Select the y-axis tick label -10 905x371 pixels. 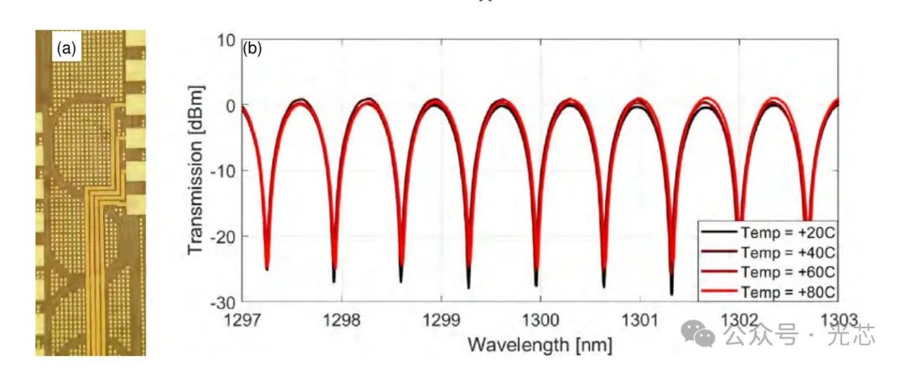tap(220, 171)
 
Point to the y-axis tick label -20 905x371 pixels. tap(220, 236)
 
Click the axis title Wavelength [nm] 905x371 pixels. tap(540, 343)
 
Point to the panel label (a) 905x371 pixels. tap(66, 49)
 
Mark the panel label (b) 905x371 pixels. tap(252, 49)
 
